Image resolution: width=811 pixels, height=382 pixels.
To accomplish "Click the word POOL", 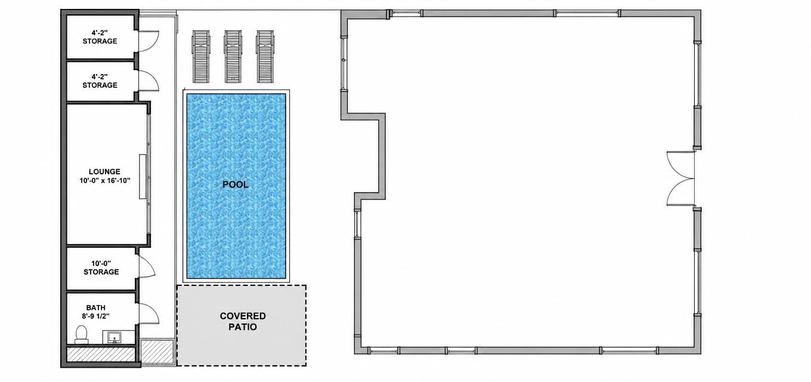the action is pos(236,184).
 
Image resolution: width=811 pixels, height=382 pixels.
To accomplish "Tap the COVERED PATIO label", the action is pos(243,322).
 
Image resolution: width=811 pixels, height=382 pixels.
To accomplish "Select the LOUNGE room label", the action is pos(104,171).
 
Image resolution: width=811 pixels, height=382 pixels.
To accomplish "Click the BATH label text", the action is pos(96,308).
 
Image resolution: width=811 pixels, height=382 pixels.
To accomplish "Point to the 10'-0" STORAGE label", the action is pos(101,267).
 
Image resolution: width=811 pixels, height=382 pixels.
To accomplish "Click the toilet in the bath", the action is pos(81,334).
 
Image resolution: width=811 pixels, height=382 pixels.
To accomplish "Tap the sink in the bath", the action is pos(114,337).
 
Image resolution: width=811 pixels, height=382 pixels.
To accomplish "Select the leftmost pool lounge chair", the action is pos(200,57).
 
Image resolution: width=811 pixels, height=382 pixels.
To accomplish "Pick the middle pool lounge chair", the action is pos(233,57).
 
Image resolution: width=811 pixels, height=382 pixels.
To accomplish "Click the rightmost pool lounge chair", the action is pos(265,57).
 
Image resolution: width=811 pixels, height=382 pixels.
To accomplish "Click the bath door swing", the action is pos(149,313).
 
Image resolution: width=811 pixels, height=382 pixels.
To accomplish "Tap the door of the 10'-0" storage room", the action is pos(147,266).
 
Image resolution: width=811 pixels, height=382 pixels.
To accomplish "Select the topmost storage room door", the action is pos(149,41).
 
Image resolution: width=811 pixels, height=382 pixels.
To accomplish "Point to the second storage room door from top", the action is pos(149,81).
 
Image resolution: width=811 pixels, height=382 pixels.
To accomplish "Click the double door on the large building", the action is pos(680,178).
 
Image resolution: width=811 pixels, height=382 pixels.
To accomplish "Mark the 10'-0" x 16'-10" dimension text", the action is pos(105,180).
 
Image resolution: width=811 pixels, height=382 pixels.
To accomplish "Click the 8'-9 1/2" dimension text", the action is pos(96,316).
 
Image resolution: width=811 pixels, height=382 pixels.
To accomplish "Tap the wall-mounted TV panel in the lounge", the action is pos(143,177).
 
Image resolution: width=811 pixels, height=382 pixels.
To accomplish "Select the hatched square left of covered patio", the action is pos(157,352).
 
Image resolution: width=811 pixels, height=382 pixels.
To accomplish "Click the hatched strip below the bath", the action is pos(101,354).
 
